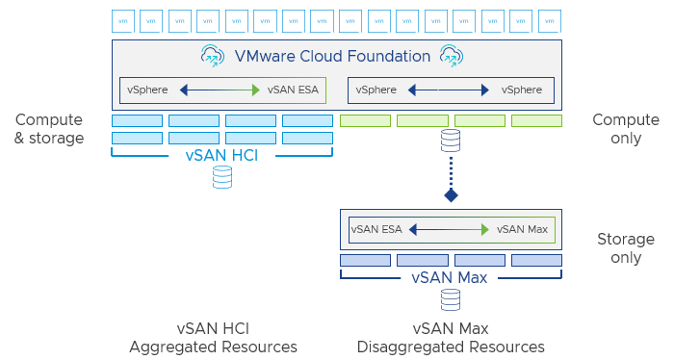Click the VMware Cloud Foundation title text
(x=333, y=56)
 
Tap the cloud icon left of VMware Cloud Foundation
(x=213, y=56)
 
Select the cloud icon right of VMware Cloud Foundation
(x=452, y=56)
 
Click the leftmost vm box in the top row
(x=122, y=20)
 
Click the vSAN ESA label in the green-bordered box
(x=293, y=90)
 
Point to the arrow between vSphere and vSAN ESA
(x=220, y=90)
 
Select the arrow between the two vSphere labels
(x=449, y=90)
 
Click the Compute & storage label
(x=49, y=129)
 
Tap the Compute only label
(x=625, y=129)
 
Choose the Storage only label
(x=625, y=248)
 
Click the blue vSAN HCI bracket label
(x=222, y=155)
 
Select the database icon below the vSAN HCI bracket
(x=222, y=177)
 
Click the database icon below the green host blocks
(x=450, y=141)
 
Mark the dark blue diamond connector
(x=450, y=195)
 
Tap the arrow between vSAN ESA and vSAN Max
(x=449, y=229)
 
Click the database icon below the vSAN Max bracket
(x=450, y=300)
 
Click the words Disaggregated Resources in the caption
(x=451, y=347)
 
